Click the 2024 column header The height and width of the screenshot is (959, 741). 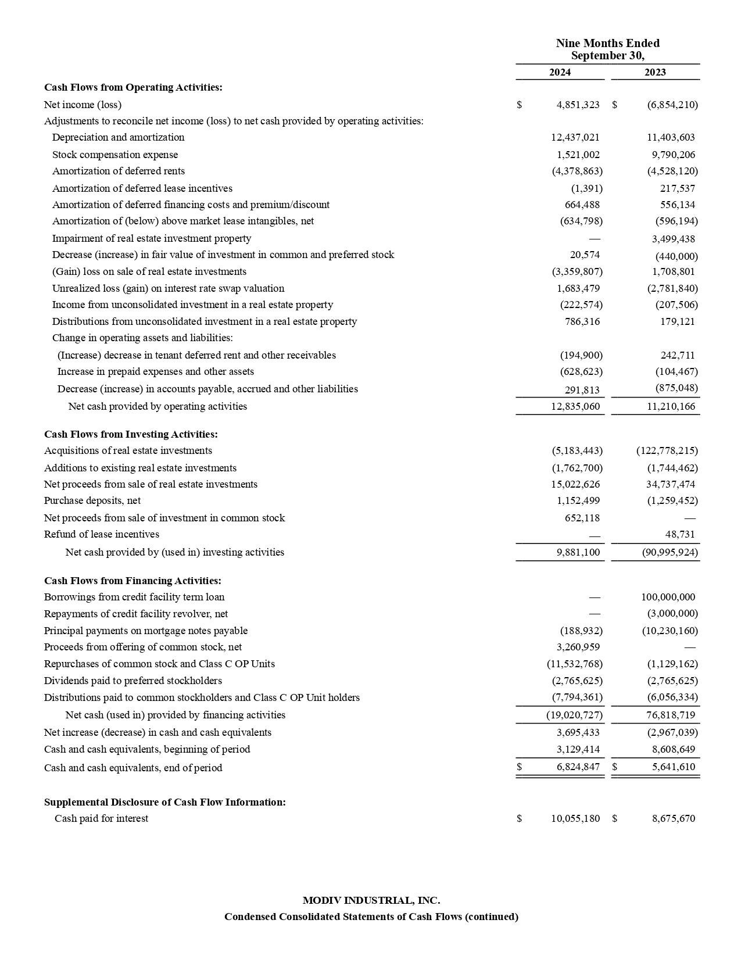[560, 72]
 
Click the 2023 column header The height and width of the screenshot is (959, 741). [655, 72]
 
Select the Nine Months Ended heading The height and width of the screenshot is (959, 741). [607, 44]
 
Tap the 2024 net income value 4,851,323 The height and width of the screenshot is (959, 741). [577, 105]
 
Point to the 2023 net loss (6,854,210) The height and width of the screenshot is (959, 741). [672, 105]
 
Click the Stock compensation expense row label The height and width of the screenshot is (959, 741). [115, 155]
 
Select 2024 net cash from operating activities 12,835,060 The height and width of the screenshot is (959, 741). [575, 406]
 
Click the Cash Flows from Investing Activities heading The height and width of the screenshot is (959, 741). [131, 434]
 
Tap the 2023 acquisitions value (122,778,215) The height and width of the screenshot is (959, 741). [667, 450]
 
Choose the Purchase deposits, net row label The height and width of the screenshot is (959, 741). [92, 500]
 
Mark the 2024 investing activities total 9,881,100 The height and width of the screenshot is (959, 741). [578, 552]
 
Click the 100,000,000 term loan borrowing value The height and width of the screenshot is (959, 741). [668, 597]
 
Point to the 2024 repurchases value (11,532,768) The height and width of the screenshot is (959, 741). [574, 664]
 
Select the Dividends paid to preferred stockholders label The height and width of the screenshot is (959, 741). [133, 681]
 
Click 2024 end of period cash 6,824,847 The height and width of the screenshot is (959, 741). [578, 767]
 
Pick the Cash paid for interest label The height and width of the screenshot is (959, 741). [101, 818]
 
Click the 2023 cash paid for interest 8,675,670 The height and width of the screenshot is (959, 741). [673, 818]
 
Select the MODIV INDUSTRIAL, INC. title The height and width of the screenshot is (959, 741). [371, 900]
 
